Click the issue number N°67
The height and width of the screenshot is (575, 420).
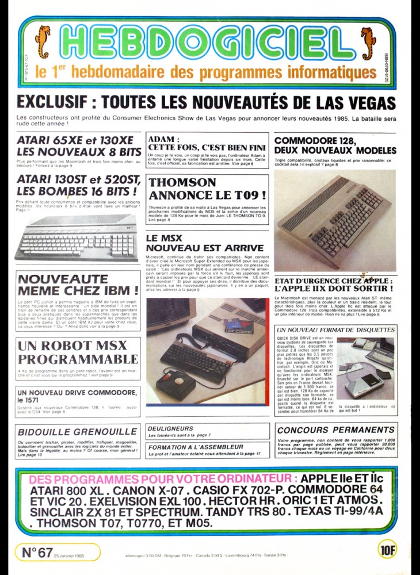37,552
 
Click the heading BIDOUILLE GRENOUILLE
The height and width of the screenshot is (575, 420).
77,431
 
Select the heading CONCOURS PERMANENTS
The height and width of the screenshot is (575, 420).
337,430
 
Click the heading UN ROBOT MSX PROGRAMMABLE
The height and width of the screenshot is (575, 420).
78,353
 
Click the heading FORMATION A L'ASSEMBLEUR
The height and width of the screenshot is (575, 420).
196,447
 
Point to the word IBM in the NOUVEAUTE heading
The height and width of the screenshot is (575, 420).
120,290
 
